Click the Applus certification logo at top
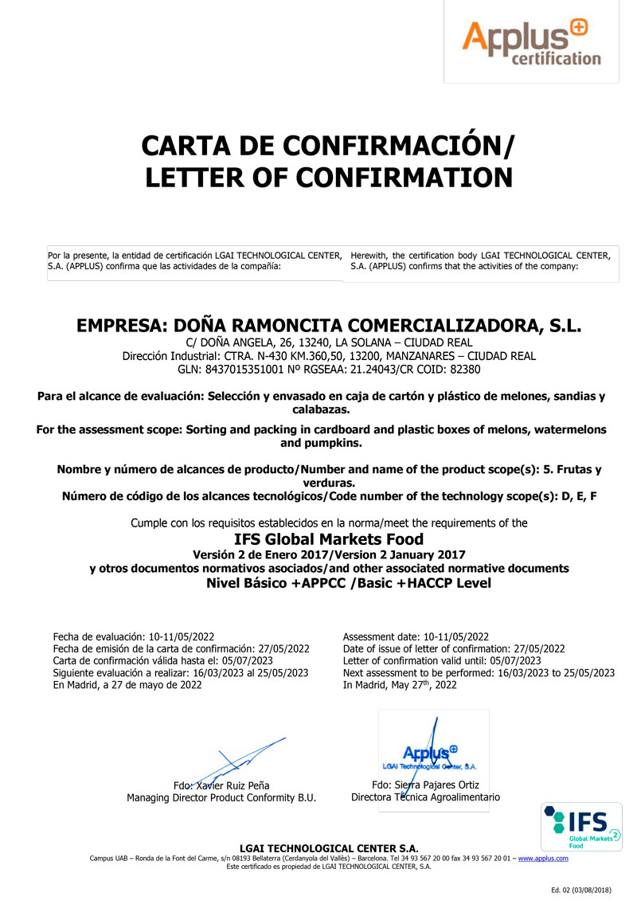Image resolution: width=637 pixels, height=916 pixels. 532,43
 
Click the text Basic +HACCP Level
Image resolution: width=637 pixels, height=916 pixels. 428,582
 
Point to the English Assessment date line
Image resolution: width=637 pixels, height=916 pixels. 416,636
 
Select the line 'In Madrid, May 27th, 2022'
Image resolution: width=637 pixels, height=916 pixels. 400,685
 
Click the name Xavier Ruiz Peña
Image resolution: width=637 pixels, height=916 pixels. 246,786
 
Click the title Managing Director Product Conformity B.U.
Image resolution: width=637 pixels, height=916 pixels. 221,798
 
